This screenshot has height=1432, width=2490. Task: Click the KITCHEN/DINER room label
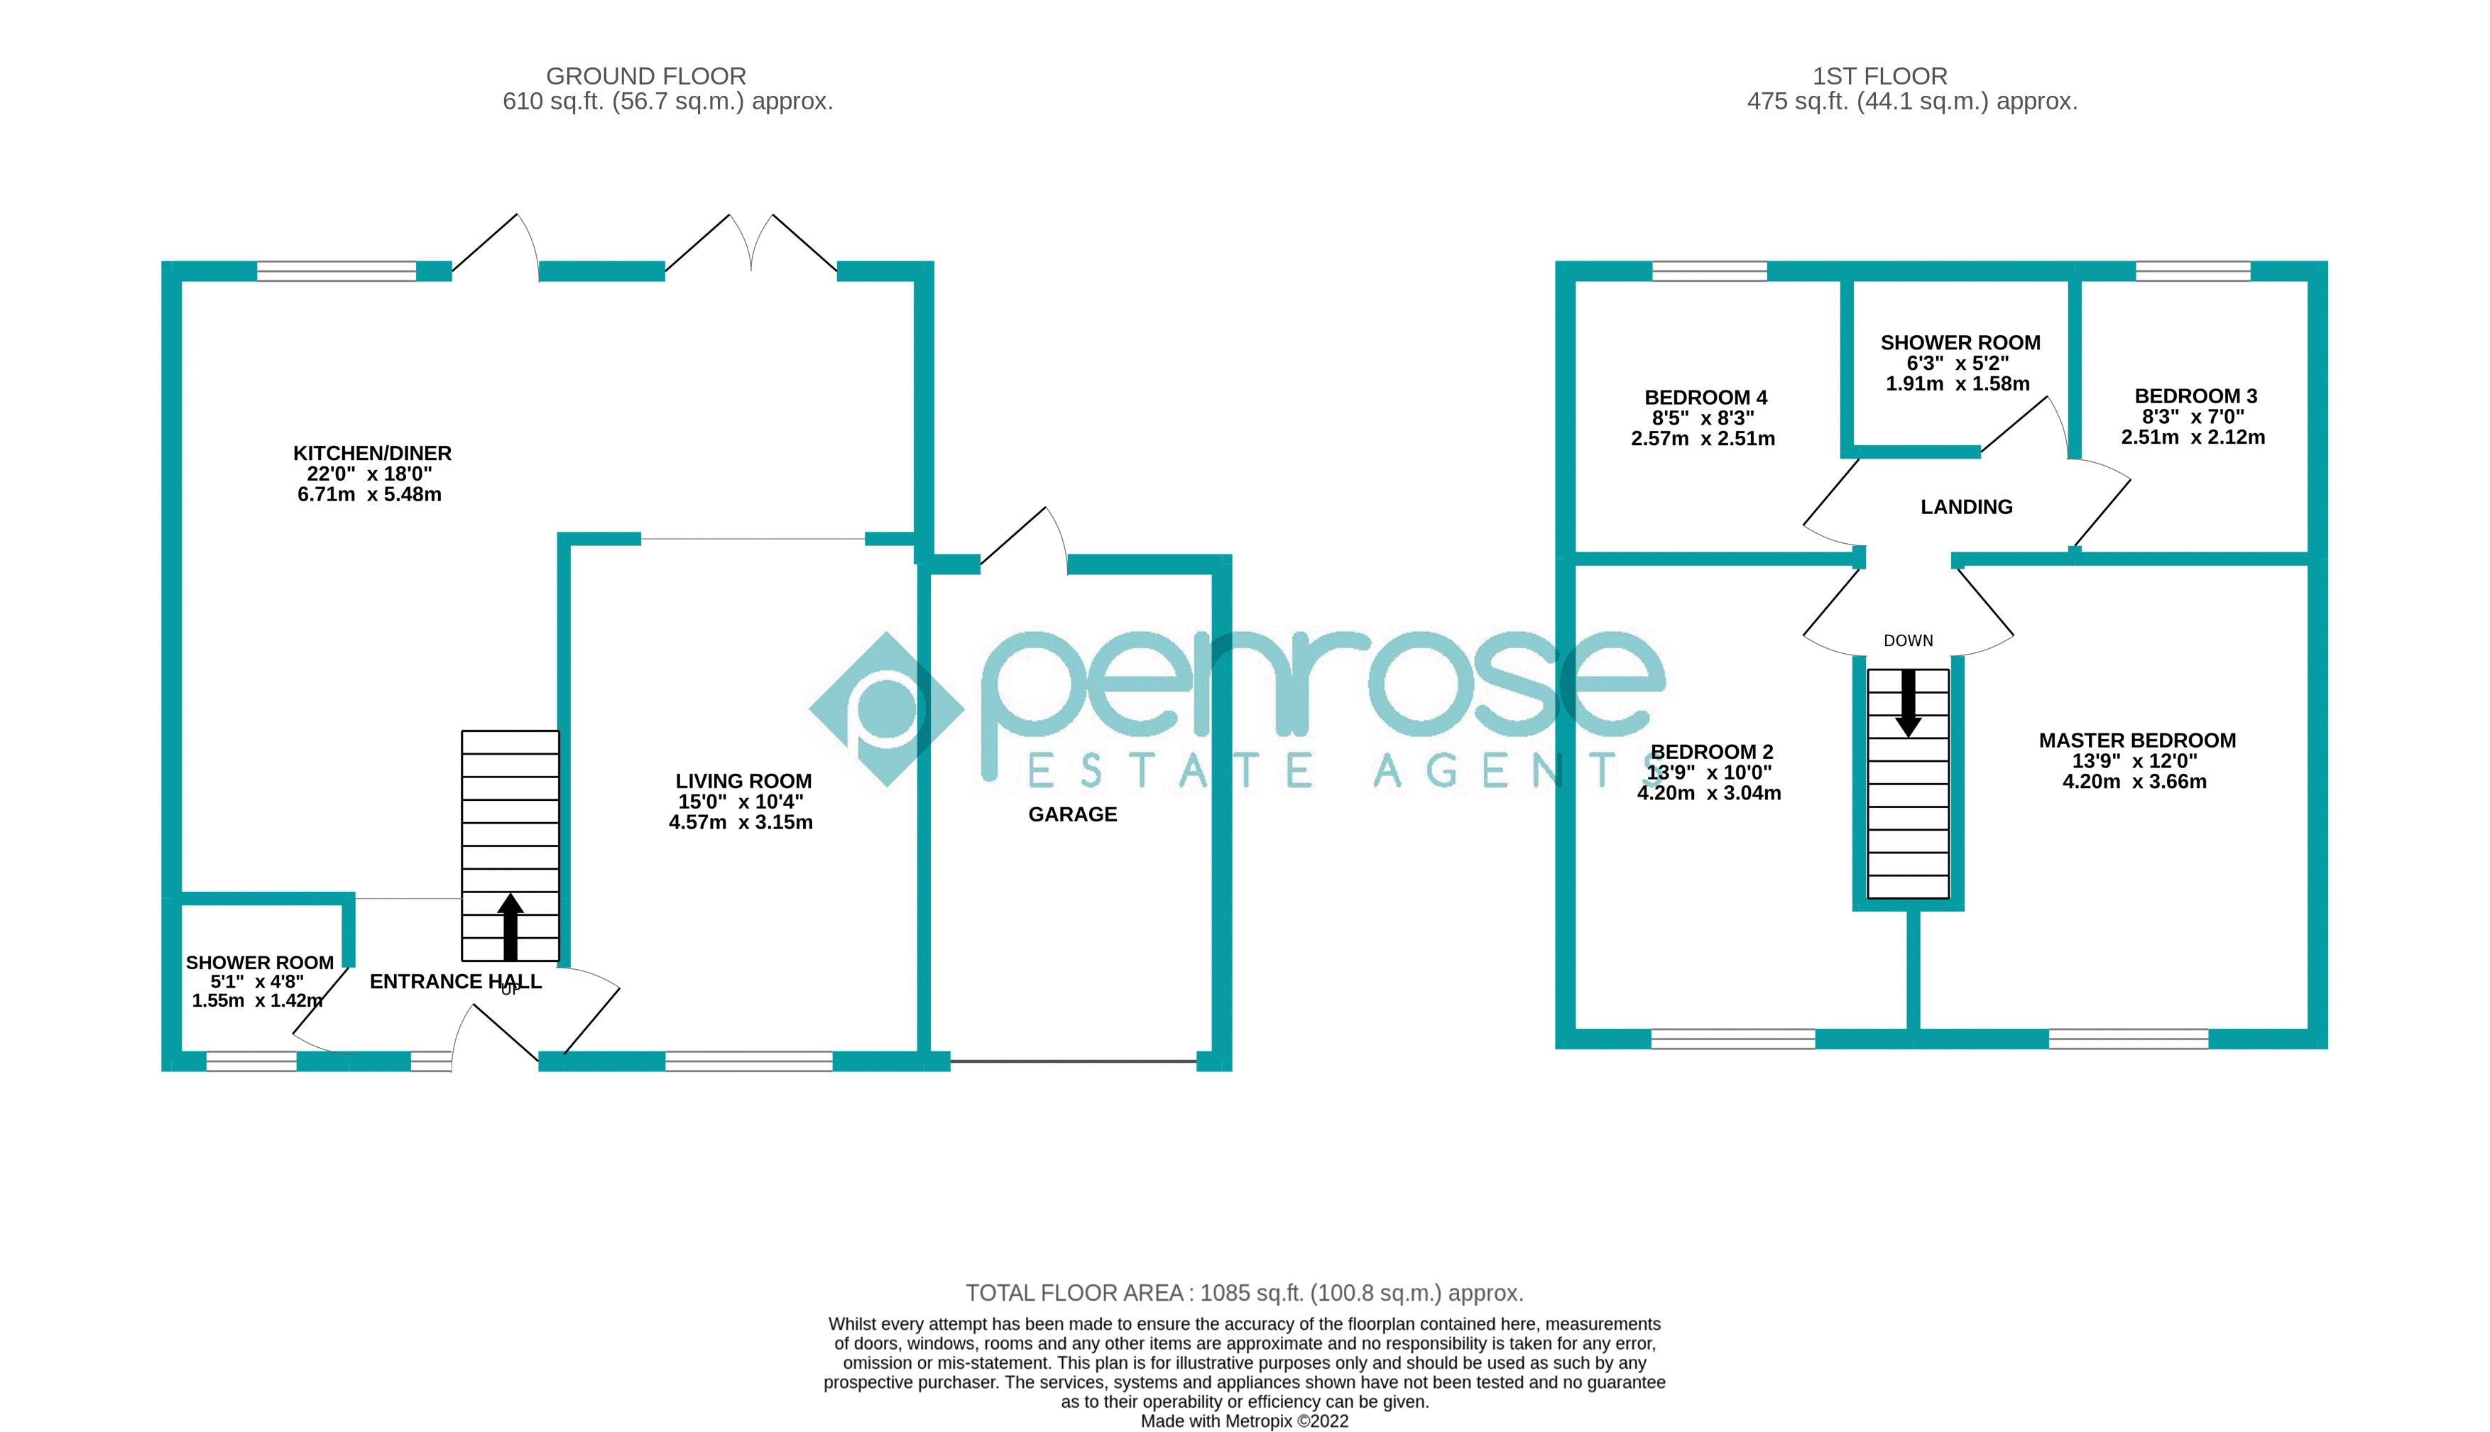pos(372,454)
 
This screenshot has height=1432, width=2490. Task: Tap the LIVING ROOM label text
pos(743,781)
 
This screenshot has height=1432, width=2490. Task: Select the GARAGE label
pos(1072,814)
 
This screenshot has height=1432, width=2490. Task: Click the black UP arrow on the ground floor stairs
pos(509,926)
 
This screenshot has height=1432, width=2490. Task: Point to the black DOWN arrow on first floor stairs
pos(1908,702)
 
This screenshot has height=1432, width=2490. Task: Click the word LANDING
pos(1966,506)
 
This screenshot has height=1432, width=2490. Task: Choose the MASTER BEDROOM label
pos(2137,740)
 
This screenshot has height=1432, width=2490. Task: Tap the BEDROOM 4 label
pos(1705,398)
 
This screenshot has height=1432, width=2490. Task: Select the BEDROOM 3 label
pos(2195,396)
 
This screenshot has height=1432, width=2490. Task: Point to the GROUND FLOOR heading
pos(645,76)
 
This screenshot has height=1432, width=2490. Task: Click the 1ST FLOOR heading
pos(1879,76)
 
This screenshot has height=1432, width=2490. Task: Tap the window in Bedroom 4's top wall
pos(1709,270)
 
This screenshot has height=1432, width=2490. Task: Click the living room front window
pos(748,1061)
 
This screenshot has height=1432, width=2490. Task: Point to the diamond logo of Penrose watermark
pos(886,708)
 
